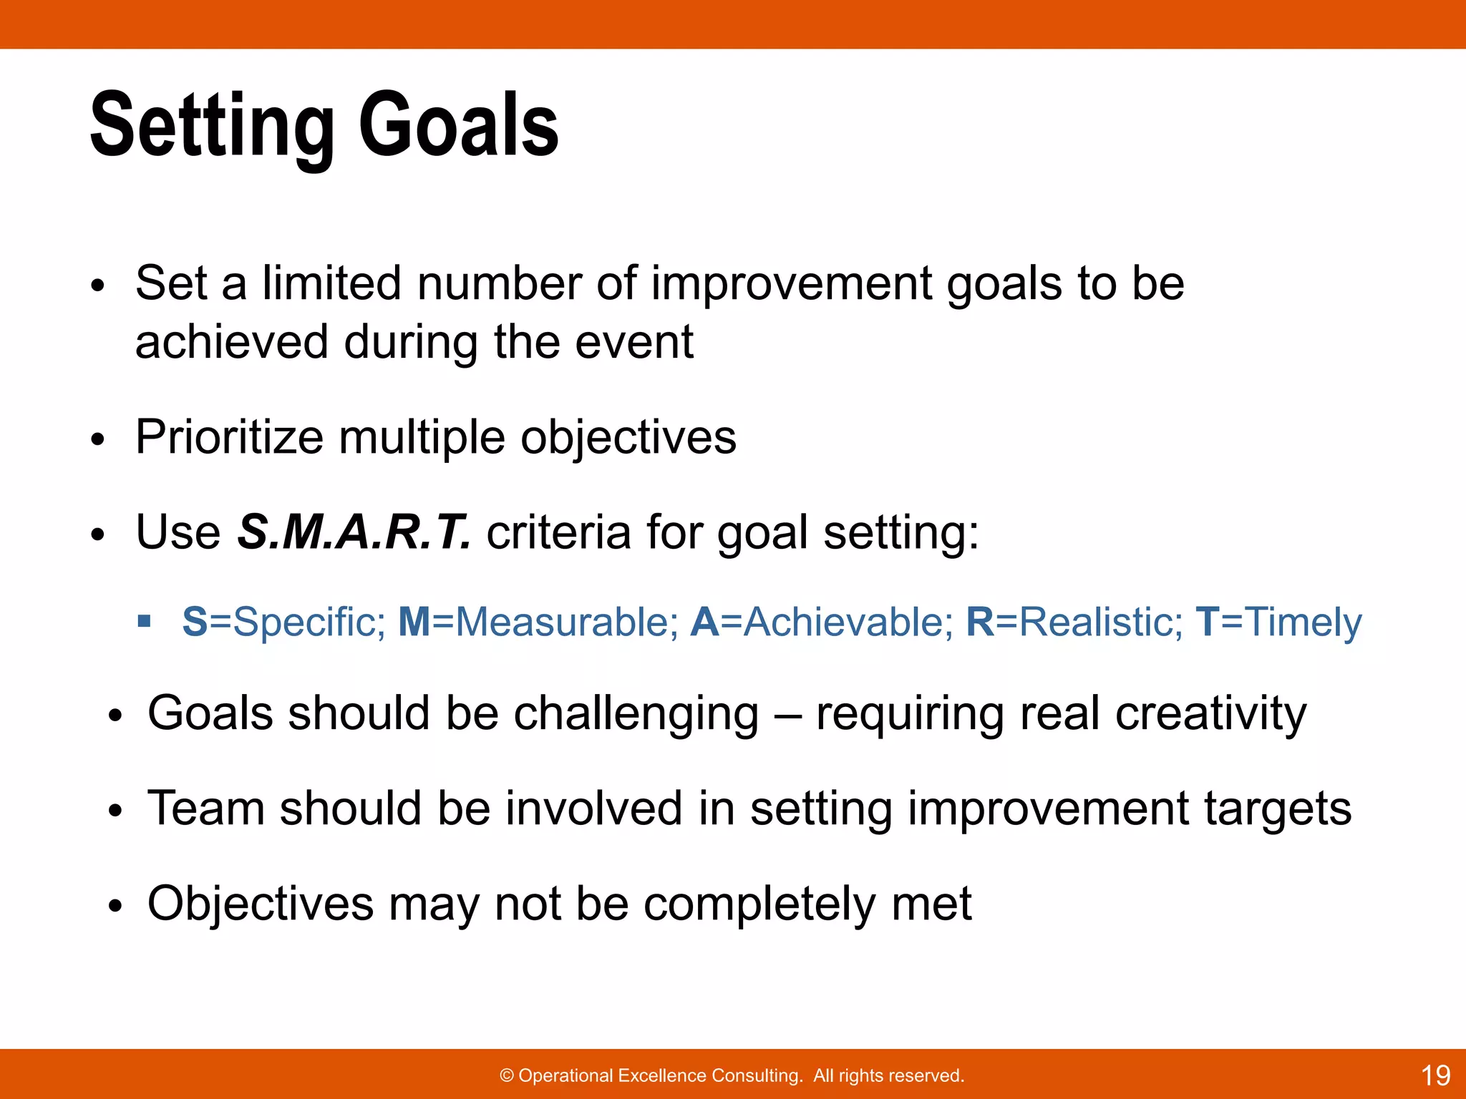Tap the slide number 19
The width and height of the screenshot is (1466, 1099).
1435,1075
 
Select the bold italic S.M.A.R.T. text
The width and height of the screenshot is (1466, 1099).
354,532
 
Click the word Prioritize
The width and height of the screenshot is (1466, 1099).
229,437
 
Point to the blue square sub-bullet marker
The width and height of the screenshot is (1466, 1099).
145,620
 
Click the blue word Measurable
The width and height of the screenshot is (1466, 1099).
565,622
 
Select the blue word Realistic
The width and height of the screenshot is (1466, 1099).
1100,622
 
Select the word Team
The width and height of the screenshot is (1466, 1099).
205,809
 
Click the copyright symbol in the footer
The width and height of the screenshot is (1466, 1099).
507,1076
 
